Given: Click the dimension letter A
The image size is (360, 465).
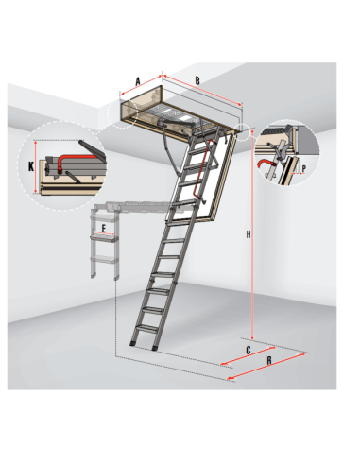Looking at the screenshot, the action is (x=138, y=81).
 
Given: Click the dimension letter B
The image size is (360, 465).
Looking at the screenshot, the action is (x=197, y=80).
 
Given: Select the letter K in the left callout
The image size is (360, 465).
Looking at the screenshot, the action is (x=31, y=166).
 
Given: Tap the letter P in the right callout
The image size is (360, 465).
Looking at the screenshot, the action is (x=303, y=169).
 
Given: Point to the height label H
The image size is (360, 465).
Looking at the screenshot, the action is (x=249, y=234).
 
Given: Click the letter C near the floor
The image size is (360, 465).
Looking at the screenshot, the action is (x=249, y=350).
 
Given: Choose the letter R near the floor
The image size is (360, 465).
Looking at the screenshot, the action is (x=268, y=361).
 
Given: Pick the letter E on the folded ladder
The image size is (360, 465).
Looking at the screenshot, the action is (x=104, y=228).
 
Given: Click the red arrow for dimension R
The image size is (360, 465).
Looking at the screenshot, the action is (x=266, y=366).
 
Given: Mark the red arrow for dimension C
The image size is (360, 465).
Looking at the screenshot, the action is (x=248, y=356).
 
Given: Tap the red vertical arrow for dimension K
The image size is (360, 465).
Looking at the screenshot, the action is (x=36, y=167).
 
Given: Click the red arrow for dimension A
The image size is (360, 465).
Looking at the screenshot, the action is (x=141, y=85).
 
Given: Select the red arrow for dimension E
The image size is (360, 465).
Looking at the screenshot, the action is (x=104, y=233).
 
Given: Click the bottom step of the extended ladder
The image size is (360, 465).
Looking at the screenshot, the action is (x=147, y=328).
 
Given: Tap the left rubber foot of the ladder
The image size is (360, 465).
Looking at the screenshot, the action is (x=132, y=343).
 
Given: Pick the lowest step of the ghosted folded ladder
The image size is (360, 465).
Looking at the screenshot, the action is (x=104, y=260).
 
